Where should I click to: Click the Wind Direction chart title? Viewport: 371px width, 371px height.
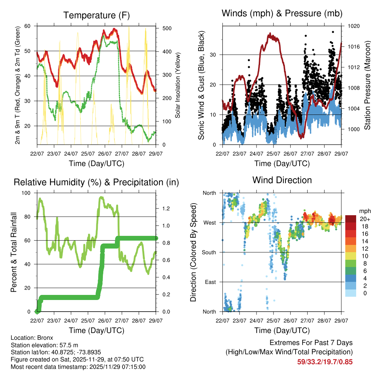coord(282,180)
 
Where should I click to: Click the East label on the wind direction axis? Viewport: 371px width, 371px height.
coord(209,282)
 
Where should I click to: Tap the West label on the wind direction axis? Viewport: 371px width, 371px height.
coord(209,222)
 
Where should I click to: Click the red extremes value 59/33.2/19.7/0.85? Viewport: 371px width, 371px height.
coord(325,362)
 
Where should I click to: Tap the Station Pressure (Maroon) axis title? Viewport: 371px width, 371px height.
coord(367,86)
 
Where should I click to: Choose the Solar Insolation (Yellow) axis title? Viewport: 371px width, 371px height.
coord(178,86)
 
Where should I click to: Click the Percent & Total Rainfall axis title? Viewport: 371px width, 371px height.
coord(13,252)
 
